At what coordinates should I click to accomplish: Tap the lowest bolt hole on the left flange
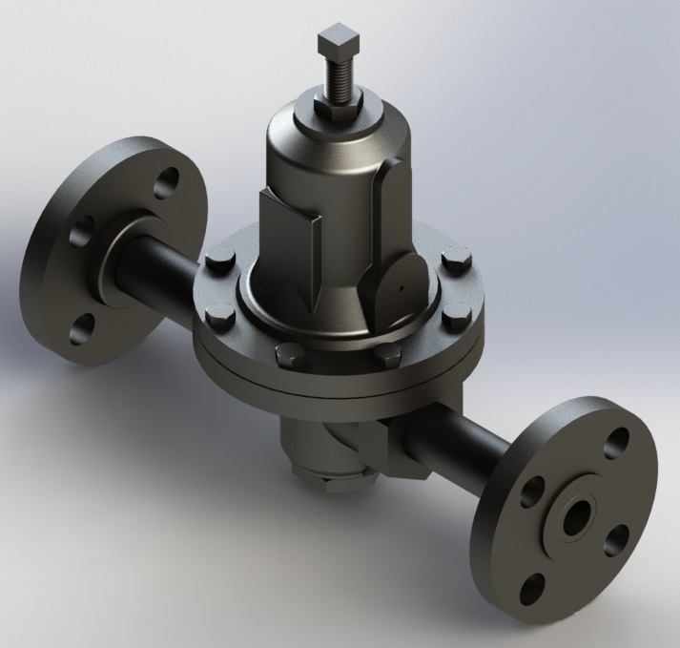point(76,326)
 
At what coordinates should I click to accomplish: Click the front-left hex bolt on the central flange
point(284,360)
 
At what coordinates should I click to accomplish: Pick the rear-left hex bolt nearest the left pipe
point(216,261)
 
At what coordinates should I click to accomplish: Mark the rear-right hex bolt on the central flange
point(451,266)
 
